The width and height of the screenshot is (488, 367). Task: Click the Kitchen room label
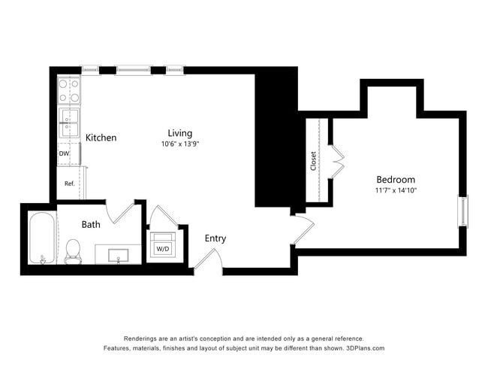pyautogui.click(x=101, y=138)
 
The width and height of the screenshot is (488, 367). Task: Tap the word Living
pyautogui.click(x=179, y=133)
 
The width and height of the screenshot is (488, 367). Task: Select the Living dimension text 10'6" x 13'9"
pyautogui.click(x=179, y=144)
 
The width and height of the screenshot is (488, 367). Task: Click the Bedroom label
pyautogui.click(x=395, y=180)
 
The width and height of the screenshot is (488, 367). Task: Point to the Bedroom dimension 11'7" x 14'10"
pyautogui.click(x=395, y=190)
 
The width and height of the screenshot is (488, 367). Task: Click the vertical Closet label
pyautogui.click(x=313, y=161)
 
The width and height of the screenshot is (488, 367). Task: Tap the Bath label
pyautogui.click(x=91, y=224)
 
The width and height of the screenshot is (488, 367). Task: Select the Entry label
pyautogui.click(x=215, y=238)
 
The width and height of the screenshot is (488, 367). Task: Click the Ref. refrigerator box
pyautogui.click(x=68, y=183)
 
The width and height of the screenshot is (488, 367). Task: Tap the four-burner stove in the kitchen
pyautogui.click(x=70, y=90)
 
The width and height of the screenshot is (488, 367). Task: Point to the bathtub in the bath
pyautogui.click(x=42, y=239)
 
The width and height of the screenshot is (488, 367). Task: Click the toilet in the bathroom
pyautogui.click(x=73, y=251)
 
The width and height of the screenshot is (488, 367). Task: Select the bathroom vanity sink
pyautogui.click(x=119, y=255)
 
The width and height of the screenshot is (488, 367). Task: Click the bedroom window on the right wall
pyautogui.click(x=462, y=211)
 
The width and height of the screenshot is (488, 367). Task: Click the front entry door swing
pyautogui.click(x=207, y=259)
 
